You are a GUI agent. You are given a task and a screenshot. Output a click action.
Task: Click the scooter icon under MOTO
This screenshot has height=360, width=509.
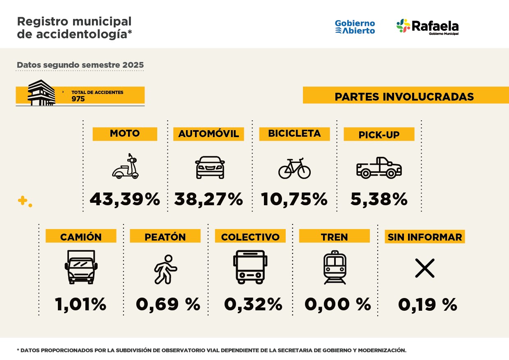point(126,167)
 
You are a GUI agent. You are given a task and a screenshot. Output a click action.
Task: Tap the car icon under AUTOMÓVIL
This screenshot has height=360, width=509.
point(210,167)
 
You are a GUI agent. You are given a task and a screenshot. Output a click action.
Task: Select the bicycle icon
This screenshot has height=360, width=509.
point(294,168)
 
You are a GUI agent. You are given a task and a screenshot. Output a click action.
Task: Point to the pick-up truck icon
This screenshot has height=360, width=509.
point(379,167)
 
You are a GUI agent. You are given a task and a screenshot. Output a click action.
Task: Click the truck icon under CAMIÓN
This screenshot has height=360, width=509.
point(81,267)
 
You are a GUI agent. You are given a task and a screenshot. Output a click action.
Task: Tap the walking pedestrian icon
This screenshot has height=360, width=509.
point(165,269)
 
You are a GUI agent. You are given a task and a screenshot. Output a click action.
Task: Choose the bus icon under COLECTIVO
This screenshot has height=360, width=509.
point(250,267)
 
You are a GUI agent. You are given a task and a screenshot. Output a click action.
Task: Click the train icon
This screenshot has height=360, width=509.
point(335,267)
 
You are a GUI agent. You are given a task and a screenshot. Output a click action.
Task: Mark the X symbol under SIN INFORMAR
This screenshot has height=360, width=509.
point(424,268)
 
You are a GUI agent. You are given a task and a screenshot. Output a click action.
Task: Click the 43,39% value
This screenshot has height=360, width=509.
point(125,199)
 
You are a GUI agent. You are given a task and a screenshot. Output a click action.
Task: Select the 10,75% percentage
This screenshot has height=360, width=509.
point(294,199)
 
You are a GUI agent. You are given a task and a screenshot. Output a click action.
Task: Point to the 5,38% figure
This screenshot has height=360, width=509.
point(379,199)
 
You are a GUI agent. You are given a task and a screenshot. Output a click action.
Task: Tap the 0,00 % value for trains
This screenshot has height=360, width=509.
point(337,305)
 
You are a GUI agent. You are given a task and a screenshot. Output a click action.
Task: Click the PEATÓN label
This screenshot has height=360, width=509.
point(165,237)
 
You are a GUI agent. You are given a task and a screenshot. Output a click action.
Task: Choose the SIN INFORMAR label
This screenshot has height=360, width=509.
point(424,237)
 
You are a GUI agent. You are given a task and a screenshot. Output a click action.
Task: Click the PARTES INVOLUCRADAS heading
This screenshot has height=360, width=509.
point(404,96)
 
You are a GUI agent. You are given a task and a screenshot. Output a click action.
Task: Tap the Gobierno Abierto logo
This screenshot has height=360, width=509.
point(355,27)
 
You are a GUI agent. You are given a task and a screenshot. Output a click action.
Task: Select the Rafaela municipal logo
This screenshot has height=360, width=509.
point(427,27)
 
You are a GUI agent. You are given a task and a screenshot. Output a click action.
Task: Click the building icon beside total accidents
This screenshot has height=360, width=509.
point(41,93)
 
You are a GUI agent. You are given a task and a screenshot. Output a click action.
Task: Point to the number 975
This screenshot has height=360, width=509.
point(78,99)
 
